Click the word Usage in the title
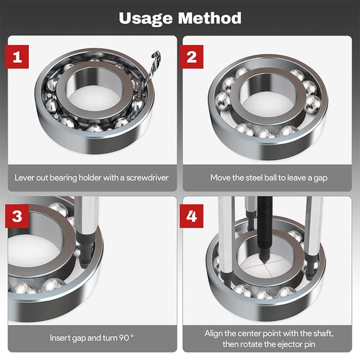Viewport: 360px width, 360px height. pos(146,19)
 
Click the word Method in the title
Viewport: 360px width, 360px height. pos(210,18)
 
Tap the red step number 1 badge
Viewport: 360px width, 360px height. pos(17,57)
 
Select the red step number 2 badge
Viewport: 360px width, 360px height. pos(191,57)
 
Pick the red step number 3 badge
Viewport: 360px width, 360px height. pos(17,216)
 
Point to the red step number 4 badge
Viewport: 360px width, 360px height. pos(191,216)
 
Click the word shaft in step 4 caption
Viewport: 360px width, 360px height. pos(324,334)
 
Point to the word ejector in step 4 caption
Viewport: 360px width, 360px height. pos(289,344)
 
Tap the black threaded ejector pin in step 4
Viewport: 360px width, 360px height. pos(265,230)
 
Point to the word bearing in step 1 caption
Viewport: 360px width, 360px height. pos(64,178)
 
